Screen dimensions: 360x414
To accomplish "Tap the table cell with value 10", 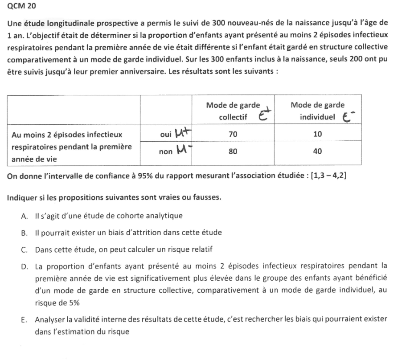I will [317, 134].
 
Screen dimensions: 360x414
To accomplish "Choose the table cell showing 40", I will [317, 151].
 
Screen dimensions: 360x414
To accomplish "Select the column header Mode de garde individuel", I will [317, 111].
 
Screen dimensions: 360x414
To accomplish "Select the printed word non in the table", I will [166, 151].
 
